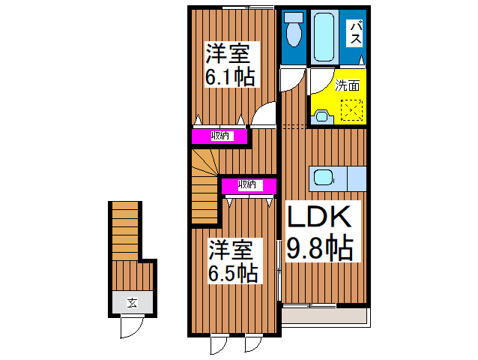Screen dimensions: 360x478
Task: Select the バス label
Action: tap(356, 33)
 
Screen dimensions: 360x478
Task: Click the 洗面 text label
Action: tap(347, 85)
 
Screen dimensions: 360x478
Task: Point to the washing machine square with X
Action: tap(351, 111)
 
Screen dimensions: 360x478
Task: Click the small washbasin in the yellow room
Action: tap(321, 115)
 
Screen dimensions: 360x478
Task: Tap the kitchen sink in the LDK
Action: tap(323, 178)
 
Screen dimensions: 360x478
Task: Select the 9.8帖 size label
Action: tap(320, 247)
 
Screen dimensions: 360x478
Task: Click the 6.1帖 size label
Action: tap(230, 76)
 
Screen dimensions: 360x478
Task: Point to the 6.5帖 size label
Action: tap(233, 271)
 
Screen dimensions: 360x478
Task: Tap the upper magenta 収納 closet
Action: tap(220, 136)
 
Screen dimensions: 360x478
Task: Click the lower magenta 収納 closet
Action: tap(248, 184)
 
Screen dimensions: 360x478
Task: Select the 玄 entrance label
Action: tap(132, 303)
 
